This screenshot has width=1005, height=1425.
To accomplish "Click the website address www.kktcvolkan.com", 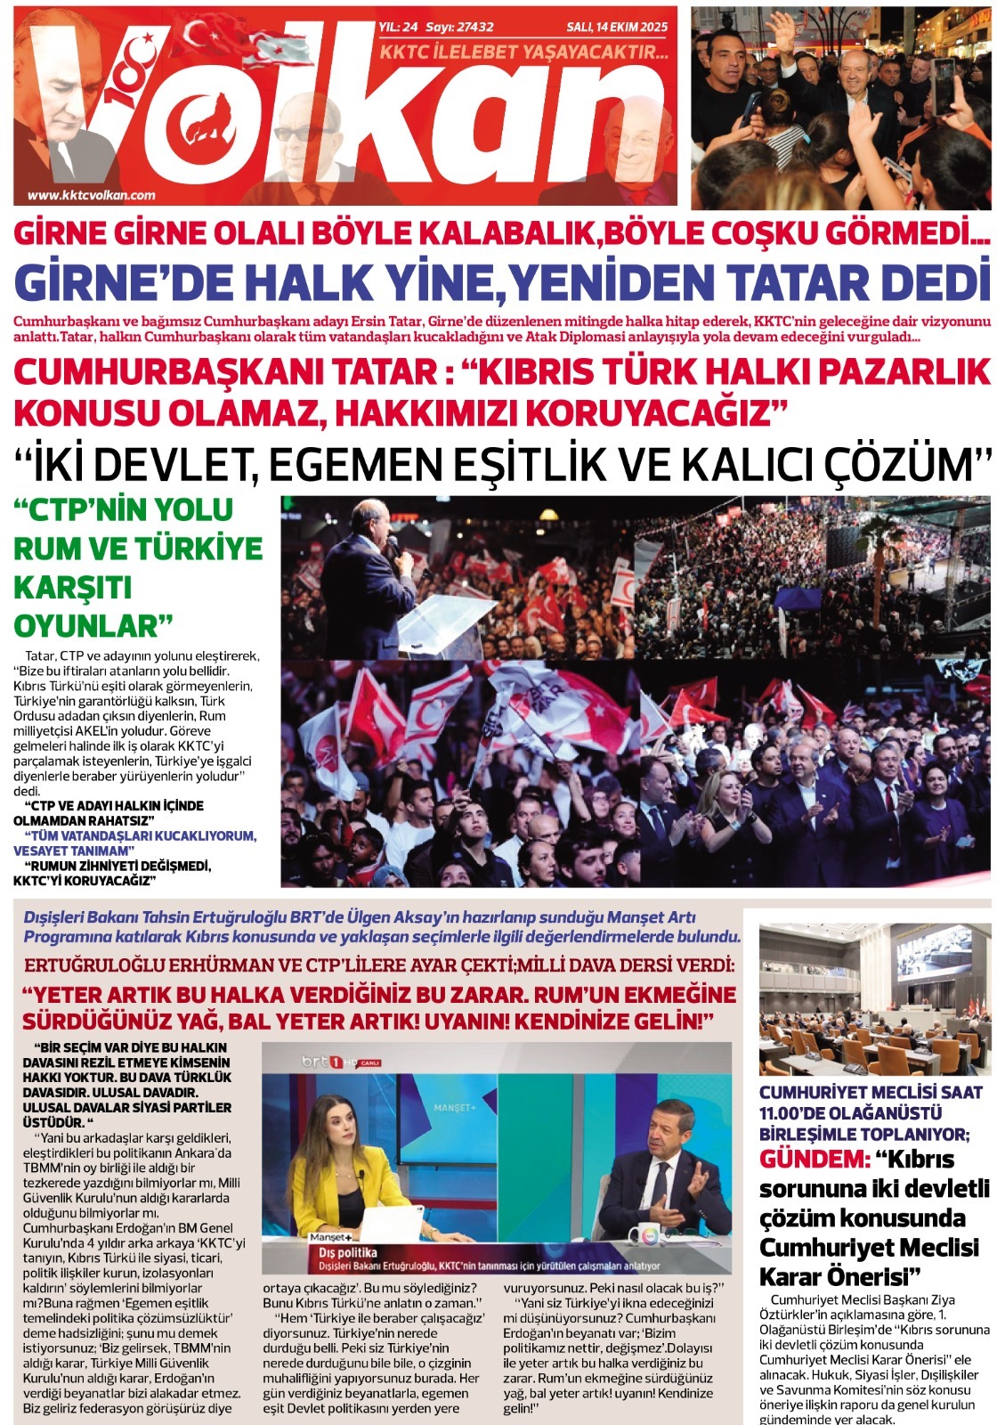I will click(92, 195).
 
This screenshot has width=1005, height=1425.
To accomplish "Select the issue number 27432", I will click(473, 28).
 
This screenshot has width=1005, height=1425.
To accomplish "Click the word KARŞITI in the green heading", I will click(73, 587).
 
